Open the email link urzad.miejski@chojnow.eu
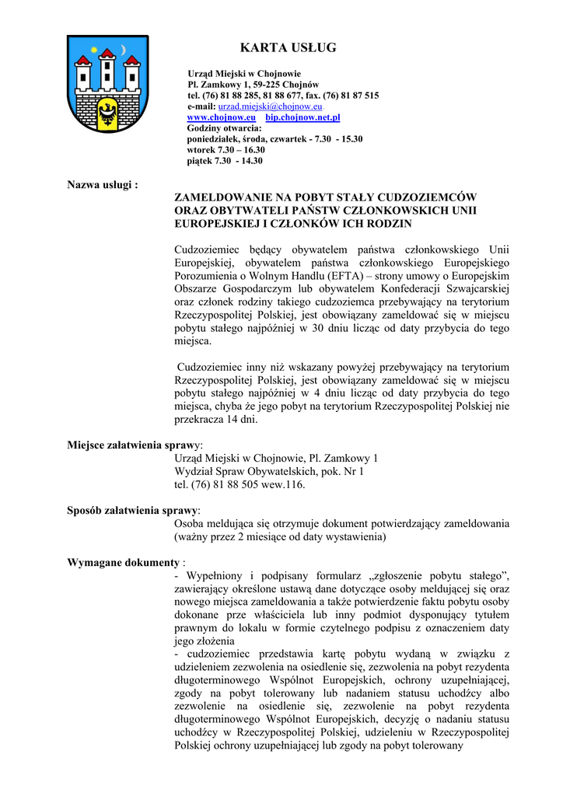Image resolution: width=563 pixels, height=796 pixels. click(x=270, y=106)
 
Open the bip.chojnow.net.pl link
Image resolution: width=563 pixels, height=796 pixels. click(x=302, y=117)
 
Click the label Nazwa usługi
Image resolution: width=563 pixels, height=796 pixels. click(x=103, y=185)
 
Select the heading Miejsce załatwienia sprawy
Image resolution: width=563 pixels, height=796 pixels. click(x=135, y=445)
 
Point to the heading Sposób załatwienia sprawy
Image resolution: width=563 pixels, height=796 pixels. click(x=133, y=510)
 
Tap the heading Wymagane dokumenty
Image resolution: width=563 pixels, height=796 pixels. click(x=124, y=562)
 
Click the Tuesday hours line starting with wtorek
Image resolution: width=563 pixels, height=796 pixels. click(x=226, y=150)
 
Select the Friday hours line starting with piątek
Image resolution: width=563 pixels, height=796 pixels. click(x=225, y=161)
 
